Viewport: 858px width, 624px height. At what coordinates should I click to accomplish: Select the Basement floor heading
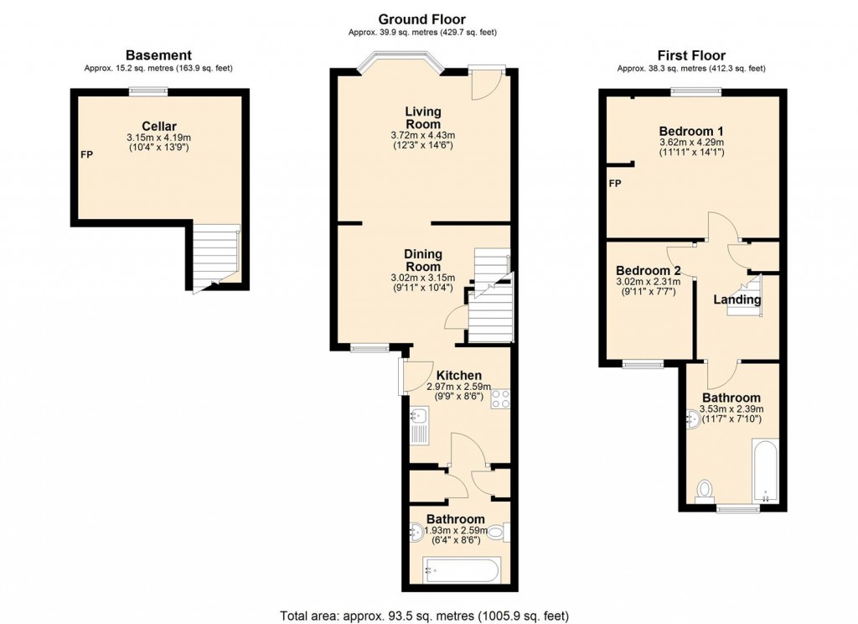pyautogui.click(x=158, y=55)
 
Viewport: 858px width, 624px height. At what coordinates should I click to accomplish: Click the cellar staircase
pyautogui.click(x=215, y=255)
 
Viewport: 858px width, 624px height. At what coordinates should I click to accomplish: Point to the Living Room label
pyautogui.click(x=423, y=117)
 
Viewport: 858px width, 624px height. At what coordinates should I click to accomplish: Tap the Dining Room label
pyautogui.click(x=423, y=260)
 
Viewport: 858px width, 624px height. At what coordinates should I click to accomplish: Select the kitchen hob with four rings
pyautogui.click(x=500, y=399)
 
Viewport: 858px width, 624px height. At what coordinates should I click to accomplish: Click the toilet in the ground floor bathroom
pyautogui.click(x=497, y=531)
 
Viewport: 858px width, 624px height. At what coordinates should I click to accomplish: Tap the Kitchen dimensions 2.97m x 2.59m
pyautogui.click(x=455, y=387)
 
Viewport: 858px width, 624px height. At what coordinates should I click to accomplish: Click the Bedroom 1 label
pyautogui.click(x=690, y=132)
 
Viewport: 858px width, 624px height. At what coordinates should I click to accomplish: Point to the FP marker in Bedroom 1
pyautogui.click(x=615, y=184)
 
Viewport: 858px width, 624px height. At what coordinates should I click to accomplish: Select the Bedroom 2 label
pyautogui.click(x=648, y=271)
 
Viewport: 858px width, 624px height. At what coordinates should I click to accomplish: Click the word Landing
pyautogui.click(x=737, y=299)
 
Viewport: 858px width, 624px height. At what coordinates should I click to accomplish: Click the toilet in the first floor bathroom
pyautogui.click(x=705, y=489)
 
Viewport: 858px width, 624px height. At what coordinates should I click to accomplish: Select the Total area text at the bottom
pyautogui.click(x=428, y=615)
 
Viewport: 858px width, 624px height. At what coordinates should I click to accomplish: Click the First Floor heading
pyautogui.click(x=691, y=55)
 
